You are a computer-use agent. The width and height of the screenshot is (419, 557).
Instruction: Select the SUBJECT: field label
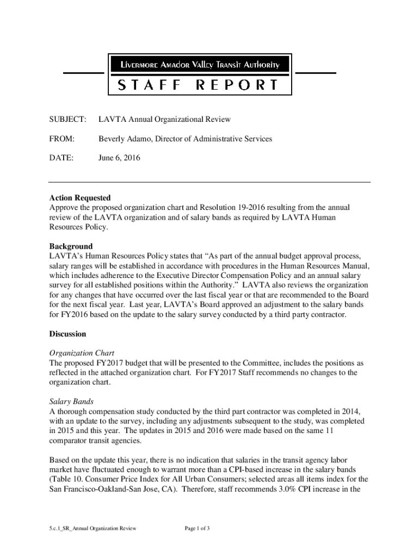(67, 119)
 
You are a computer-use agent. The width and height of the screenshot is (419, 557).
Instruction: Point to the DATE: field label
(61, 158)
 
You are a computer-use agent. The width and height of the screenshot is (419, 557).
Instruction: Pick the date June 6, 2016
(119, 158)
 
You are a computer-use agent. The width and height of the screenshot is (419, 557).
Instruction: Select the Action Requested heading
(79, 198)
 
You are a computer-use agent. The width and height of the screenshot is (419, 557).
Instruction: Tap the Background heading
(71, 246)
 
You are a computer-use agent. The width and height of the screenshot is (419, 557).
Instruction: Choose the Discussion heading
(67, 333)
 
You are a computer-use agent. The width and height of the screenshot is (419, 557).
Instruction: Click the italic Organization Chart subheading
(82, 353)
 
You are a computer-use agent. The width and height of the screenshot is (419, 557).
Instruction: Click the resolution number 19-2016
(255, 208)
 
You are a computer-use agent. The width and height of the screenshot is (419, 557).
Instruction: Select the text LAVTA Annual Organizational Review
(164, 119)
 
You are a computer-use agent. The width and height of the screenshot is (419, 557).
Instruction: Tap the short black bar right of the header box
(315, 73)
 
